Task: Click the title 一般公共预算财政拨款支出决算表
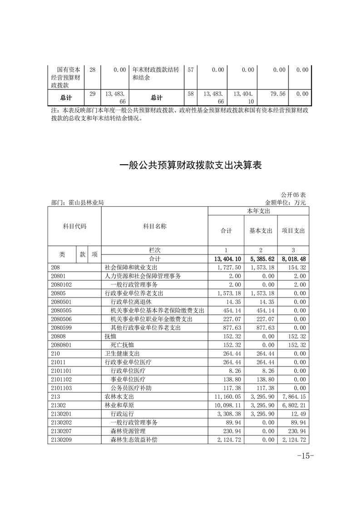191,165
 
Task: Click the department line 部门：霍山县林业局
78,203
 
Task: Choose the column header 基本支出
261,231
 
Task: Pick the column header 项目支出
293,231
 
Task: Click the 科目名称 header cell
154,226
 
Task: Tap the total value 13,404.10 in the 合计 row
226,259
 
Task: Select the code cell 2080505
63,311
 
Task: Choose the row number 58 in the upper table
191,94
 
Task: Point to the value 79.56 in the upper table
279,94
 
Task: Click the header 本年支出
258,211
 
